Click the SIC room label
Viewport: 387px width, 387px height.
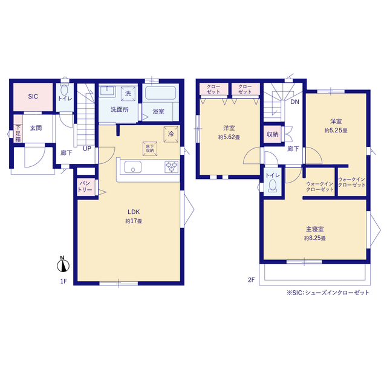point(33,96)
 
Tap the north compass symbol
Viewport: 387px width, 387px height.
point(63,264)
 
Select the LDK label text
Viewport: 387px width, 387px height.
point(134,212)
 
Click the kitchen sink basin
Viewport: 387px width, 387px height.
point(133,167)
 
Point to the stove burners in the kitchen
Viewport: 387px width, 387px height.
point(172,167)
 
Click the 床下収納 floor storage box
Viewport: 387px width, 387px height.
point(150,149)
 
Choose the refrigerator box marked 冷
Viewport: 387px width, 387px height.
point(171,134)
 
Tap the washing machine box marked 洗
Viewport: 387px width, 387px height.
point(128,93)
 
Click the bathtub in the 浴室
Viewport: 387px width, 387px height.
point(160,93)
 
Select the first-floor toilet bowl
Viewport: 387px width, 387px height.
point(65,90)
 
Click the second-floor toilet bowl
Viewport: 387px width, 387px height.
point(273,186)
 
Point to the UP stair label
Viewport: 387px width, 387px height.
point(87,149)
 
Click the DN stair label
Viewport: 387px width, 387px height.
point(294,102)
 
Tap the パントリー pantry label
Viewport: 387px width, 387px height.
point(85,186)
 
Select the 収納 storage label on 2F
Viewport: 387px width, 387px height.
point(273,134)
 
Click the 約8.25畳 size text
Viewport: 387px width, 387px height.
point(314,238)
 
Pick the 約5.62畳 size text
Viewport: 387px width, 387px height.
point(229,137)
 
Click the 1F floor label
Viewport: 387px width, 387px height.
point(63,281)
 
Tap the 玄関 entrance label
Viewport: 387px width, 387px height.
point(36,128)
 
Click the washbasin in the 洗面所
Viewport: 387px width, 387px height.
point(108,91)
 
